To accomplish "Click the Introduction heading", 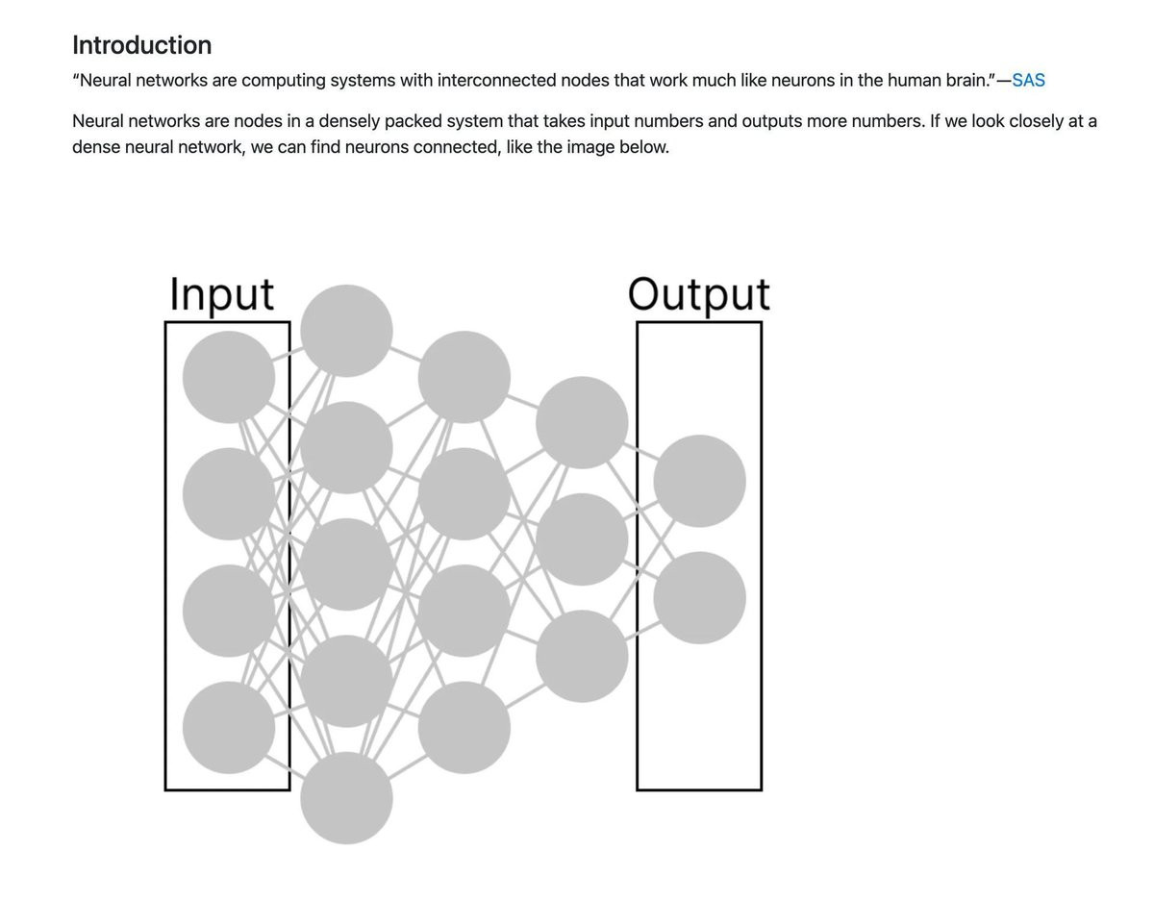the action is coord(141,45).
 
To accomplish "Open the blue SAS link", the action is coord(1028,80).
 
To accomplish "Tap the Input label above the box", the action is coord(221,294).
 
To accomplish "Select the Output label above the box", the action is coord(699,294).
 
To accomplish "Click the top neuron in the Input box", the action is coord(228,377).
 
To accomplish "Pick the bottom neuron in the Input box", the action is coord(228,727).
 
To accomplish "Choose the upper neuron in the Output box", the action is coord(699,481).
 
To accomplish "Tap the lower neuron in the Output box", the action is coord(699,598).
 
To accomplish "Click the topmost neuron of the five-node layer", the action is coord(346,331).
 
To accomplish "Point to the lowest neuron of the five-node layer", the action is coord(346,797).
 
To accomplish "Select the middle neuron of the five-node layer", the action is coord(346,564).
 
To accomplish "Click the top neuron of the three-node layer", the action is coord(582,423).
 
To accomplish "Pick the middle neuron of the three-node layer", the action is coord(582,539).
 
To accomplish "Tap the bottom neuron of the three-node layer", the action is coord(582,656).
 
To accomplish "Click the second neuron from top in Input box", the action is coord(228,494).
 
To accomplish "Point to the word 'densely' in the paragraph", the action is coord(349,121).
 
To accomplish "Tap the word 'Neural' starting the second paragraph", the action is coord(98,121).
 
